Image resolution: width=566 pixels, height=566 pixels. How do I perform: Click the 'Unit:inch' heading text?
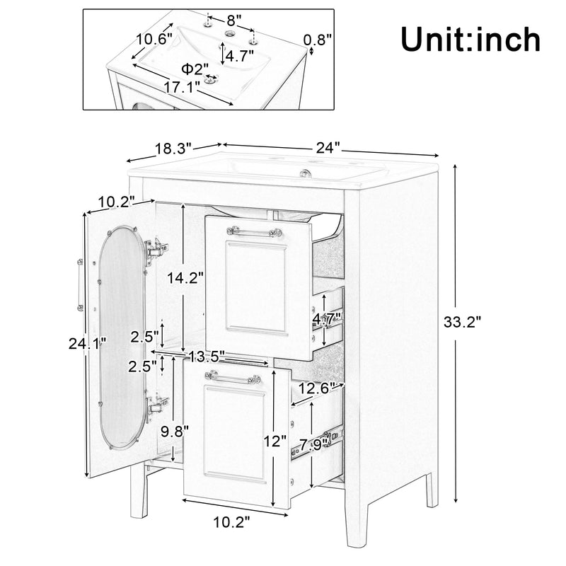[x=470, y=39]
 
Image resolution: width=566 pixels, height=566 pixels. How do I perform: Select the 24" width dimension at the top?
[x=328, y=148]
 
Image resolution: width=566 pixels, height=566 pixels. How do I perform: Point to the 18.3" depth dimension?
[x=173, y=149]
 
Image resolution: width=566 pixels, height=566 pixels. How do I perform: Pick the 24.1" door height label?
[x=88, y=344]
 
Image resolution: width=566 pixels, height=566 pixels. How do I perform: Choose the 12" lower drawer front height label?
[x=275, y=441]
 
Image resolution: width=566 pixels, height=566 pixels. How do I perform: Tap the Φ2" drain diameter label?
[x=195, y=69]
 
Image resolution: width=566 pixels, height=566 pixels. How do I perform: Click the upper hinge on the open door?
[x=156, y=248]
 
